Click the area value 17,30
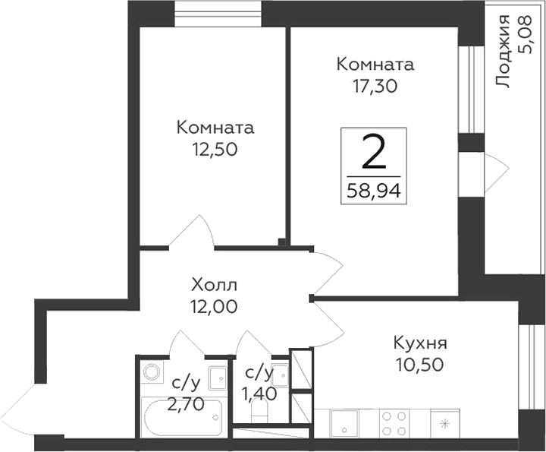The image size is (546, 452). pos(377,86)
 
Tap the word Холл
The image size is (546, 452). pos(215,286)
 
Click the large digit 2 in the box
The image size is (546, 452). pos(372,153)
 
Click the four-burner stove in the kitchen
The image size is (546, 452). pos(393,423)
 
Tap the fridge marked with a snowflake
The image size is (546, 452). pos(446,422)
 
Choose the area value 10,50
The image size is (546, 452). pos(419,364)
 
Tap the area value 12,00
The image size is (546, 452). pos(215,307)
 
